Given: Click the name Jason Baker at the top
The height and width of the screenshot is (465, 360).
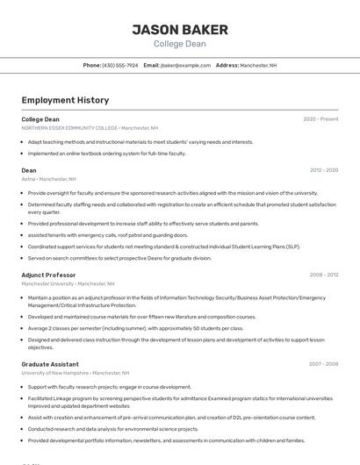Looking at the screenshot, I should click(x=180, y=30).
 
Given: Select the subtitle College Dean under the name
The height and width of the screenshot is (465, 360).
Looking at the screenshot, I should click(x=180, y=44).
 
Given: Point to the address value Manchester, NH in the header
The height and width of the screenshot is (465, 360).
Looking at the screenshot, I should click(x=258, y=65).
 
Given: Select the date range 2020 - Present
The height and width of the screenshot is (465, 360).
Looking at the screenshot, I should click(x=320, y=119).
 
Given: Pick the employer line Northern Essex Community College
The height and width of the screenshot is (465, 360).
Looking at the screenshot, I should click(x=90, y=128).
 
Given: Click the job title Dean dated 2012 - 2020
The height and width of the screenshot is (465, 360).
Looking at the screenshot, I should click(x=29, y=170).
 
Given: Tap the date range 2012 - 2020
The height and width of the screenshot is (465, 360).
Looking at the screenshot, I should click(x=324, y=170).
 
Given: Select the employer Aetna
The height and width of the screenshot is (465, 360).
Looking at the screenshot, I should click(x=29, y=179).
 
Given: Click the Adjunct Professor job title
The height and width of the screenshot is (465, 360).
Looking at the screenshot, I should click(x=48, y=275).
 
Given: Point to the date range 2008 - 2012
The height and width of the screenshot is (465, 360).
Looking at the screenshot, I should click(x=324, y=275).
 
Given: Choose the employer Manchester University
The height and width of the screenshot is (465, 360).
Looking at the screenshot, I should click(x=68, y=283).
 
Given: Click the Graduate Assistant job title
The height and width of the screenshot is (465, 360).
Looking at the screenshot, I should click(x=51, y=363).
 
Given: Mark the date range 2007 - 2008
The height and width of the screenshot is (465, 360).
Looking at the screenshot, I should click(x=324, y=363).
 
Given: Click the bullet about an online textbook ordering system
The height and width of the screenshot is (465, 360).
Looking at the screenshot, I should click(x=107, y=154).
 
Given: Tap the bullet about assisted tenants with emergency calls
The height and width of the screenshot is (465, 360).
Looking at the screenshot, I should click(x=108, y=235).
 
